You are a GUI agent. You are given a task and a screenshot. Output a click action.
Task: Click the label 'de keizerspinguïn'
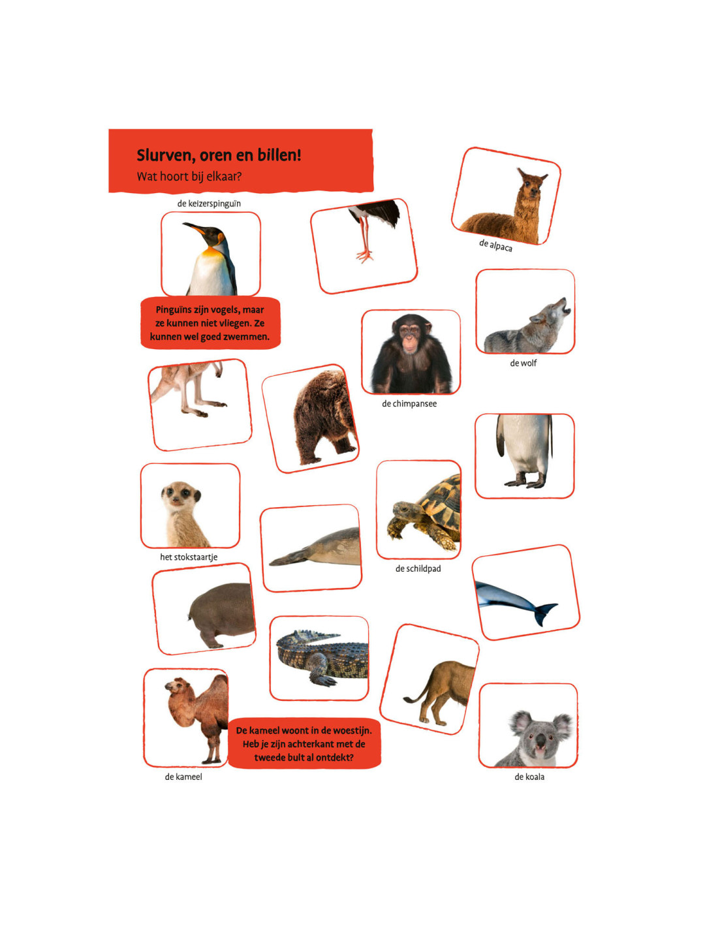pyautogui.click(x=209, y=203)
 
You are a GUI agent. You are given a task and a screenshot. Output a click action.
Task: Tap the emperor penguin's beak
pyautogui.click(x=195, y=228)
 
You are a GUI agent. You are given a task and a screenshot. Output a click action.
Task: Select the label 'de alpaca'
pyautogui.click(x=495, y=245)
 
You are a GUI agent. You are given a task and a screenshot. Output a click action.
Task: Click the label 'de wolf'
pyautogui.click(x=523, y=363)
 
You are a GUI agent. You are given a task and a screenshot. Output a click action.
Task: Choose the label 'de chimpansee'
pyautogui.click(x=409, y=403)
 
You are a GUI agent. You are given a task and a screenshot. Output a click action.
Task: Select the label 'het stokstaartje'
pyautogui.click(x=189, y=557)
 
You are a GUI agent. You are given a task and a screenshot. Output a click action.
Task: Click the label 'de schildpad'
pyautogui.click(x=418, y=568)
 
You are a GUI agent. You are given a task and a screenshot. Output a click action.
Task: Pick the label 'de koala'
pyautogui.click(x=529, y=777)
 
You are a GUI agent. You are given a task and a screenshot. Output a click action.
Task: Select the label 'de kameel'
pyautogui.click(x=183, y=777)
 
